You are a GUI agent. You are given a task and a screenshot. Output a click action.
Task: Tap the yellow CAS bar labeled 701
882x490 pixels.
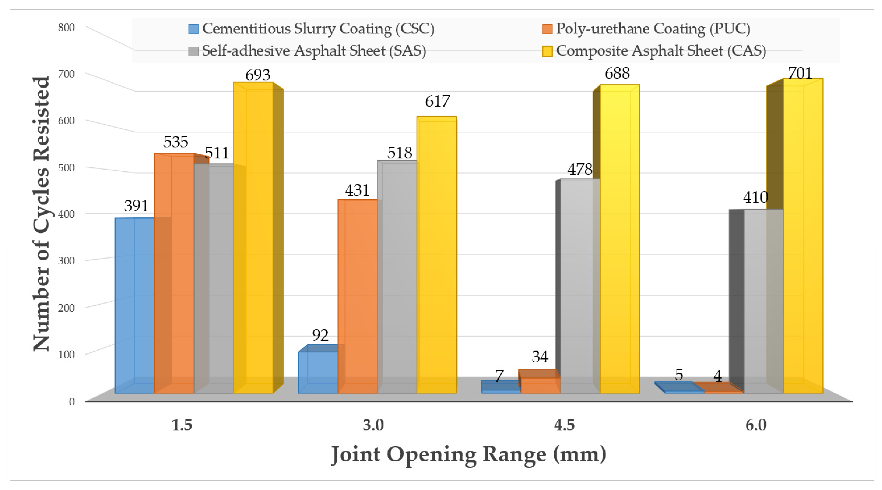[x=803, y=236]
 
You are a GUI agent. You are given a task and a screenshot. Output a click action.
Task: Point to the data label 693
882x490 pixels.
[x=258, y=75]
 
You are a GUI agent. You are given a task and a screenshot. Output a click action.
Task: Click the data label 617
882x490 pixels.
[x=437, y=101]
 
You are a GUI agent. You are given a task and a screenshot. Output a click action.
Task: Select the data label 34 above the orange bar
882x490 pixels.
[x=540, y=357]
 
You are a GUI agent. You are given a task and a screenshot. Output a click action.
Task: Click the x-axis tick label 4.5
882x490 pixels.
[x=564, y=425]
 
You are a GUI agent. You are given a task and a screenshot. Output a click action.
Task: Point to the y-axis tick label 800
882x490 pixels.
[x=66, y=27]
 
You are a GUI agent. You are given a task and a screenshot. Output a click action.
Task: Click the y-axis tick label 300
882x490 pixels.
[x=66, y=261]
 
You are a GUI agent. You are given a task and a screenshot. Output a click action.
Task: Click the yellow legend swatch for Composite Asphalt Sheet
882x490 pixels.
[x=547, y=51]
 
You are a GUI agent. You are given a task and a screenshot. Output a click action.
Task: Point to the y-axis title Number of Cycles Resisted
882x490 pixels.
[x=42, y=214]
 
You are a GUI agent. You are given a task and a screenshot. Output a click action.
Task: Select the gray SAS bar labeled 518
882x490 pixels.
[x=397, y=277]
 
